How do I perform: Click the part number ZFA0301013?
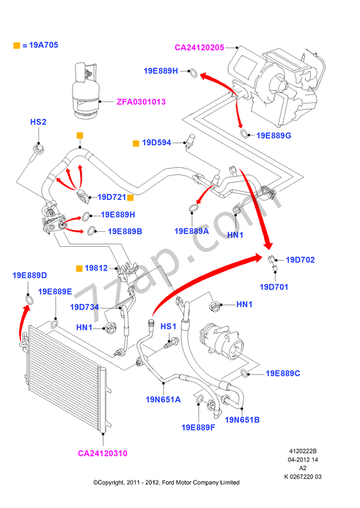(x=140, y=102)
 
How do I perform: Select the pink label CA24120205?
(x=199, y=47)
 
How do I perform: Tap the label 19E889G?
(x=274, y=136)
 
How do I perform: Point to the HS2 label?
(x=38, y=122)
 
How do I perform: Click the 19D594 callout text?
(x=157, y=143)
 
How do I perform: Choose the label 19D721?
(x=111, y=196)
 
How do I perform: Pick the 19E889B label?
(x=125, y=231)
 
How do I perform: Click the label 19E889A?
(x=191, y=231)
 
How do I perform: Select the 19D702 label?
(x=300, y=260)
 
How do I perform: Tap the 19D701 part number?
(x=274, y=287)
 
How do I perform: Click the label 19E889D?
(x=30, y=276)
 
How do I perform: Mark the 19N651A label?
(x=161, y=399)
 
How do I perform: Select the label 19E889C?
(x=283, y=373)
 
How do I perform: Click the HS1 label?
(x=169, y=326)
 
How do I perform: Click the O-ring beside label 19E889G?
(x=245, y=133)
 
